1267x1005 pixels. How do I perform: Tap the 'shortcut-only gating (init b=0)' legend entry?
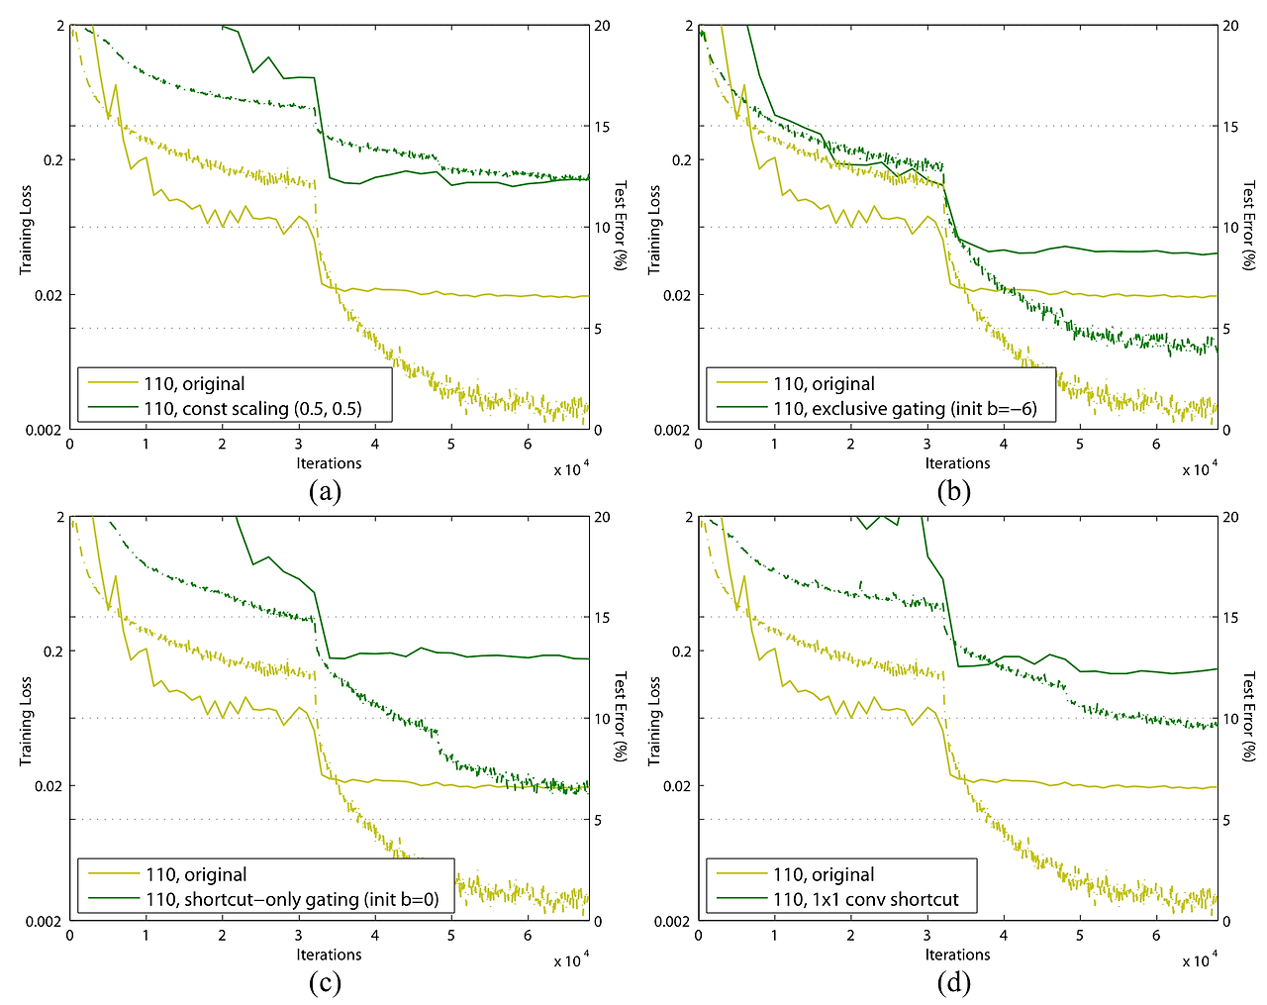(292, 900)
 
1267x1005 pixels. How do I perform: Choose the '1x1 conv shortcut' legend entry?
(866, 900)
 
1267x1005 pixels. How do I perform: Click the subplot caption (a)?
(325, 491)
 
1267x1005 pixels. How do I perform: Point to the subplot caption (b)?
(954, 491)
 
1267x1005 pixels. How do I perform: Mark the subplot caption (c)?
(325, 982)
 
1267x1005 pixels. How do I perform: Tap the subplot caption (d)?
(954, 982)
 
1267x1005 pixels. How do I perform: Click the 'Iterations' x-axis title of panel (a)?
(329, 463)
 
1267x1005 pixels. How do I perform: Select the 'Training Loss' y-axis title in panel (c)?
(26, 721)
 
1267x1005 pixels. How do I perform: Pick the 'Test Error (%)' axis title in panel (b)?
(1249, 227)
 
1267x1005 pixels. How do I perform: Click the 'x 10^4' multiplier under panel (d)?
(1199, 961)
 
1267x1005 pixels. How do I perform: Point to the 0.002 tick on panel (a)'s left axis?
(44, 431)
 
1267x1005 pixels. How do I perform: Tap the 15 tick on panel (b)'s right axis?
(1229, 127)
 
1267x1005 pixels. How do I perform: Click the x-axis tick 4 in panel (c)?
(375, 936)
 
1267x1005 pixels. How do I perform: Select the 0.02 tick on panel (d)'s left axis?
(676, 786)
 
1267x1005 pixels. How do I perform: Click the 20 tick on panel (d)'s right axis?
(1229, 518)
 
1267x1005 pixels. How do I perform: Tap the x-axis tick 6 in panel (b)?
(1156, 445)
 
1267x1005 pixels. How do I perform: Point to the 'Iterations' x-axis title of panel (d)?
(957, 955)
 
